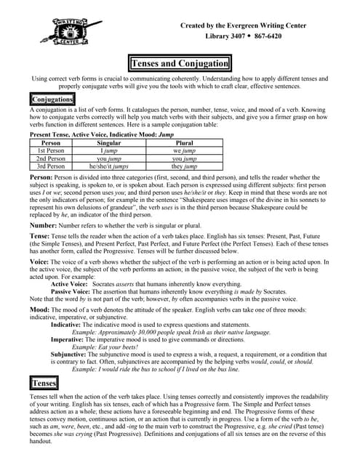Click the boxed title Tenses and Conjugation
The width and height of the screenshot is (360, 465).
tap(179, 64)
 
